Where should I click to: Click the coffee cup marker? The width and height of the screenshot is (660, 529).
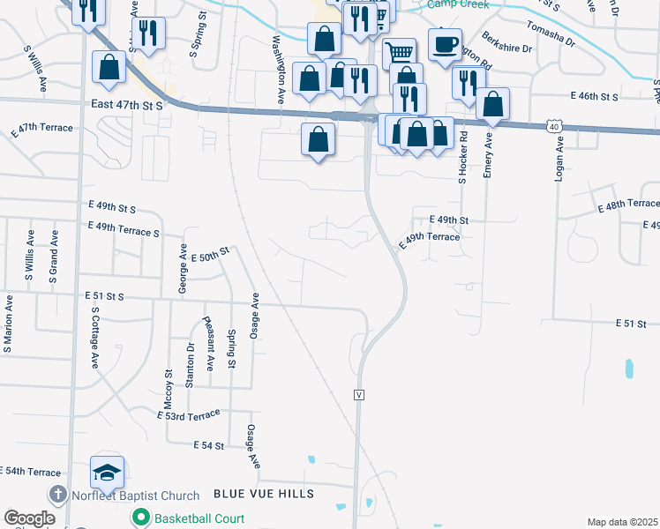[445, 43]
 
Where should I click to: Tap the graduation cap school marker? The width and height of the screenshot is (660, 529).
[107, 473]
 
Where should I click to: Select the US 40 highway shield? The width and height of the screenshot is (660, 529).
[553, 127]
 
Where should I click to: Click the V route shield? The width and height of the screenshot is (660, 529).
[359, 393]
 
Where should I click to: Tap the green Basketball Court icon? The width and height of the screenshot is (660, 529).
[139, 518]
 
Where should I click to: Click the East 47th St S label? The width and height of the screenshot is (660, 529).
[127, 105]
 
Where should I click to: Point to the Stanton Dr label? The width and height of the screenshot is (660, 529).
[191, 363]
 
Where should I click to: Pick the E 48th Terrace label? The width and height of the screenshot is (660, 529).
[627, 205]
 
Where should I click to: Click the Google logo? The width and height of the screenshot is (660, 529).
[29, 518]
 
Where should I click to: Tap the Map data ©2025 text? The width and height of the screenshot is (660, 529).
[623, 522]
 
